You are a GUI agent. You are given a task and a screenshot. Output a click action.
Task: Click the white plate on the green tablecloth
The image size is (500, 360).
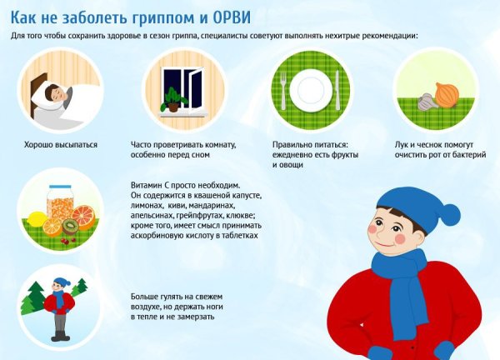[308, 88]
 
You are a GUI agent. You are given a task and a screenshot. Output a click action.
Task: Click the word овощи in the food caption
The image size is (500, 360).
[288, 165]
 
